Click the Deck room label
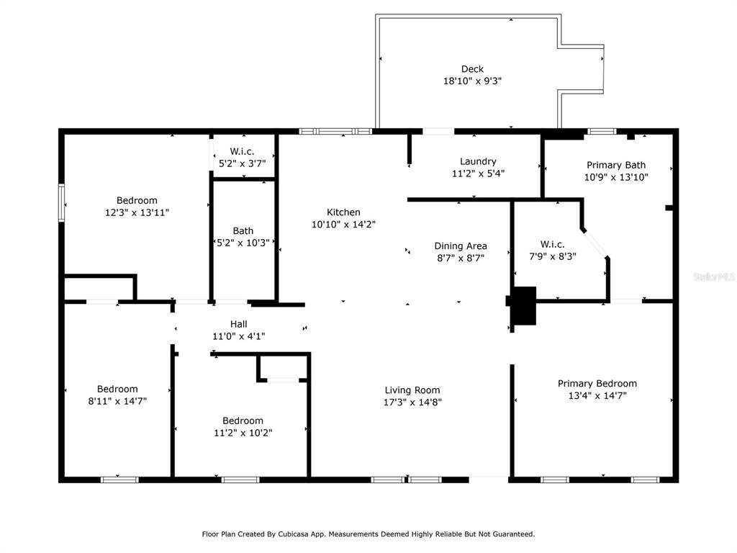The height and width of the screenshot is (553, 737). point(472,69)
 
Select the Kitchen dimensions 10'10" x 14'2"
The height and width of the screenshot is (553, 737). point(343,225)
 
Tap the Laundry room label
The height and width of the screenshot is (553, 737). point(478,161)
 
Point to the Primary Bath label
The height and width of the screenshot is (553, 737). point(616,165)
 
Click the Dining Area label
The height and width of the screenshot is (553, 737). point(460,246)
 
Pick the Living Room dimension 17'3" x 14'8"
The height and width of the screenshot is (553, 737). point(412,402)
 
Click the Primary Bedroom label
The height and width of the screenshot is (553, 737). point(597,383)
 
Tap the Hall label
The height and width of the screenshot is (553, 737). point(238,324)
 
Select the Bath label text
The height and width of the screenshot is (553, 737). point(243,231)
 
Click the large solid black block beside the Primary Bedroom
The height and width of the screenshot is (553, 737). point(523,305)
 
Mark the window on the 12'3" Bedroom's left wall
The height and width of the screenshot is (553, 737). point(62,202)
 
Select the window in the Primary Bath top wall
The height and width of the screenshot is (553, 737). point(602,132)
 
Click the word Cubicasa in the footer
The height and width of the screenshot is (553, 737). point(294,534)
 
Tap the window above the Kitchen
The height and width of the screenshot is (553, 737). point(335,132)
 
